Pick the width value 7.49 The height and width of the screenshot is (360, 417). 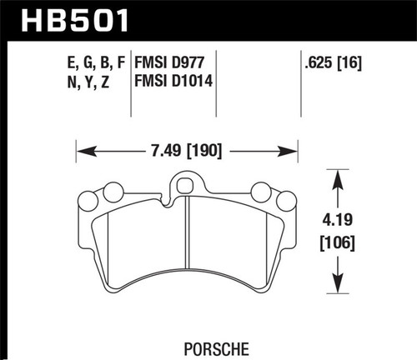click(161, 152)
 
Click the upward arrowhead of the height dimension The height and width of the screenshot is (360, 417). click(338, 176)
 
